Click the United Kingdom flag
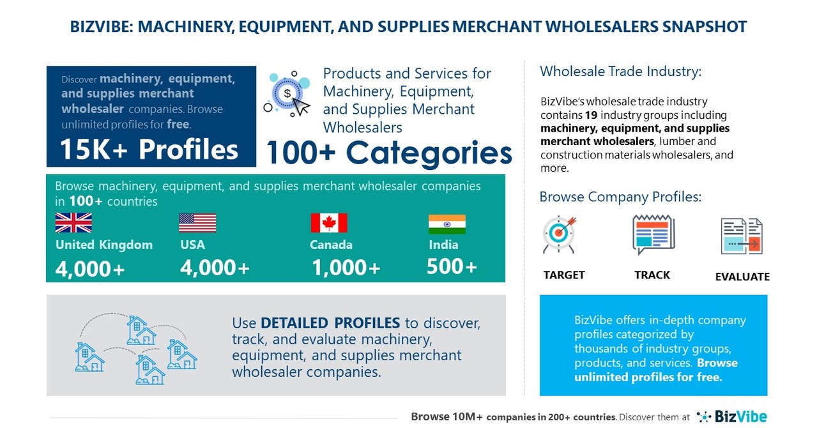73,223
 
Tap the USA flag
197,223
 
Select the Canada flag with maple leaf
329,223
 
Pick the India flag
447,224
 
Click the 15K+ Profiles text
149,149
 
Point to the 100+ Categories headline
388,153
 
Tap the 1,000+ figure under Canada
346,268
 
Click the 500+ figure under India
452,266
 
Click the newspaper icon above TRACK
653,234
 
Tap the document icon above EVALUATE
742,236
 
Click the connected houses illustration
136,349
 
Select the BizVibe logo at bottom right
731,417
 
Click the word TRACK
652,275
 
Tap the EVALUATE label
742,277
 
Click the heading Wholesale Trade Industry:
620,72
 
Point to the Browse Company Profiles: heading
620,197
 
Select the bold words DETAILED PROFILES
330,323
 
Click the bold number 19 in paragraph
592,116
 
